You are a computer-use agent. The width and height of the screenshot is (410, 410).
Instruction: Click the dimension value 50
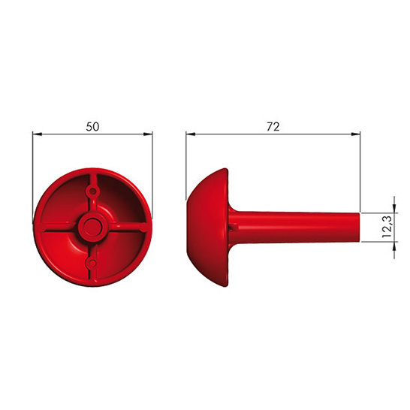pyautogui.click(x=92, y=127)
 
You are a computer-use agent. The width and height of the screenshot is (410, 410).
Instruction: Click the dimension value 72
pyautogui.click(x=273, y=127)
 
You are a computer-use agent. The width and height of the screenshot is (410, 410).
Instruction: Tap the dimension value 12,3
pyautogui.click(x=387, y=227)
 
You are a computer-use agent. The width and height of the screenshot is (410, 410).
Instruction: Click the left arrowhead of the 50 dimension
pyautogui.click(x=38, y=134)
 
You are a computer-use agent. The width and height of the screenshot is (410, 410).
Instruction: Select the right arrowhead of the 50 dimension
pyautogui.click(x=148, y=134)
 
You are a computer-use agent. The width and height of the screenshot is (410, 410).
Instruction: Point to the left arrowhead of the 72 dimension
pyautogui.click(x=191, y=134)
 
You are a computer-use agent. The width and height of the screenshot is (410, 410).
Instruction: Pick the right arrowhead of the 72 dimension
pyautogui.click(x=356, y=134)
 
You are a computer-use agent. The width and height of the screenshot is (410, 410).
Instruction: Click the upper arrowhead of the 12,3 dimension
pyautogui.click(x=394, y=209)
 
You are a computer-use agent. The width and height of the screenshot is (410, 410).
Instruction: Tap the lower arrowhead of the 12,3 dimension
pyautogui.click(x=394, y=246)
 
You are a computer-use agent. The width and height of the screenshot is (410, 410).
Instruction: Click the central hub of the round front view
pyautogui.click(x=92, y=227)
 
